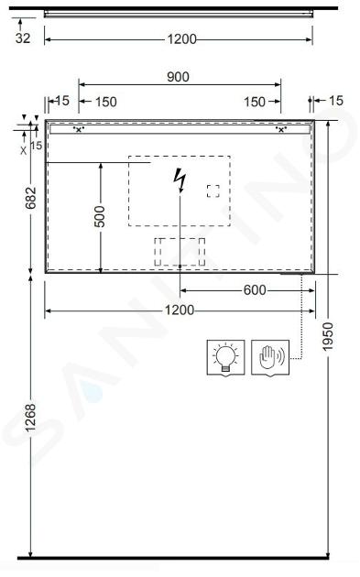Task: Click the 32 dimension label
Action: point(23,38)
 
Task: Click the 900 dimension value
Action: point(178,77)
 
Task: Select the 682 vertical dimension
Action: point(31,198)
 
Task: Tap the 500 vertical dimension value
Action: point(99,216)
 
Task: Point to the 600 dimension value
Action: point(255,290)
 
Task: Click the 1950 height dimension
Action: point(327,336)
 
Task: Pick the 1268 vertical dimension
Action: point(30,418)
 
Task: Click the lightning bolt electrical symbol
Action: point(180,180)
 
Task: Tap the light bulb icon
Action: point(225,358)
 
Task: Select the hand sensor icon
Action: point(270,358)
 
